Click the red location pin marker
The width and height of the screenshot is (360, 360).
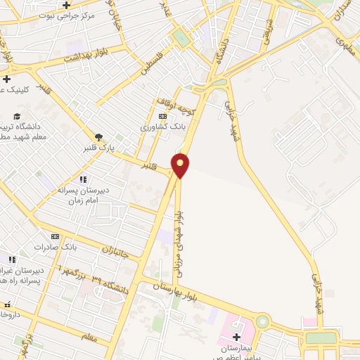(x=181, y=165)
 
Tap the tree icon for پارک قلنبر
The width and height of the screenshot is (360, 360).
(x=98, y=137)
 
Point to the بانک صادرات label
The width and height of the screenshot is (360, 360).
(x=79, y=247)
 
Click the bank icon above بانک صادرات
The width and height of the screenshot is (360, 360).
(x=55, y=237)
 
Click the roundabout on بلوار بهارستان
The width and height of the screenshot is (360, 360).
(x=263, y=322)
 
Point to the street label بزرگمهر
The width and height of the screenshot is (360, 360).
(x=72, y=271)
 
